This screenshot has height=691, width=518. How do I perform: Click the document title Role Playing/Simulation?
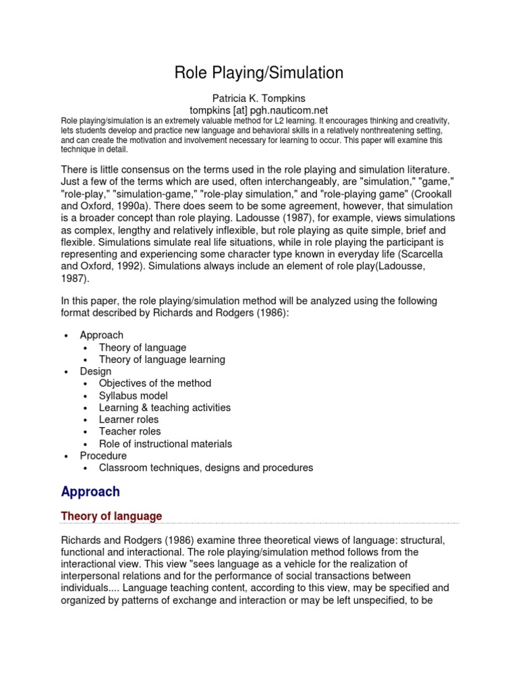coord(259,73)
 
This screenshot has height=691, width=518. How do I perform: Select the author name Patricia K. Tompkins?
coord(259,99)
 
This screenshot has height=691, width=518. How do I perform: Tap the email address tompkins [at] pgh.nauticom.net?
coord(259,109)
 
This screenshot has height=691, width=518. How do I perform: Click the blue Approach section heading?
coord(90,492)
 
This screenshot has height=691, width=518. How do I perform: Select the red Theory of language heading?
coord(111,516)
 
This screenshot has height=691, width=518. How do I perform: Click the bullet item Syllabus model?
coord(133,395)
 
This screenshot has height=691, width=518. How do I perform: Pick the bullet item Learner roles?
coord(129,420)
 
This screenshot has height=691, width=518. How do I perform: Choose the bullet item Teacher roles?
coord(129,431)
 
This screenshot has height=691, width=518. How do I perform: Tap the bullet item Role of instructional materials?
coord(165,444)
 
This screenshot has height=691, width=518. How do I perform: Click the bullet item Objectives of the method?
coord(154,383)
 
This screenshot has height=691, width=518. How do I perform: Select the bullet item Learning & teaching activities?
coord(165,408)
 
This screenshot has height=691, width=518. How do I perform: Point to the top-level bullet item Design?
coord(96,371)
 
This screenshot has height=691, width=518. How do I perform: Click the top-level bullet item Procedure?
coord(103,456)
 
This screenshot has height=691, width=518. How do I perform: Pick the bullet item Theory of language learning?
coord(162,360)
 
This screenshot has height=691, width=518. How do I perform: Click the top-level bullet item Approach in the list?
coord(101,335)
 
